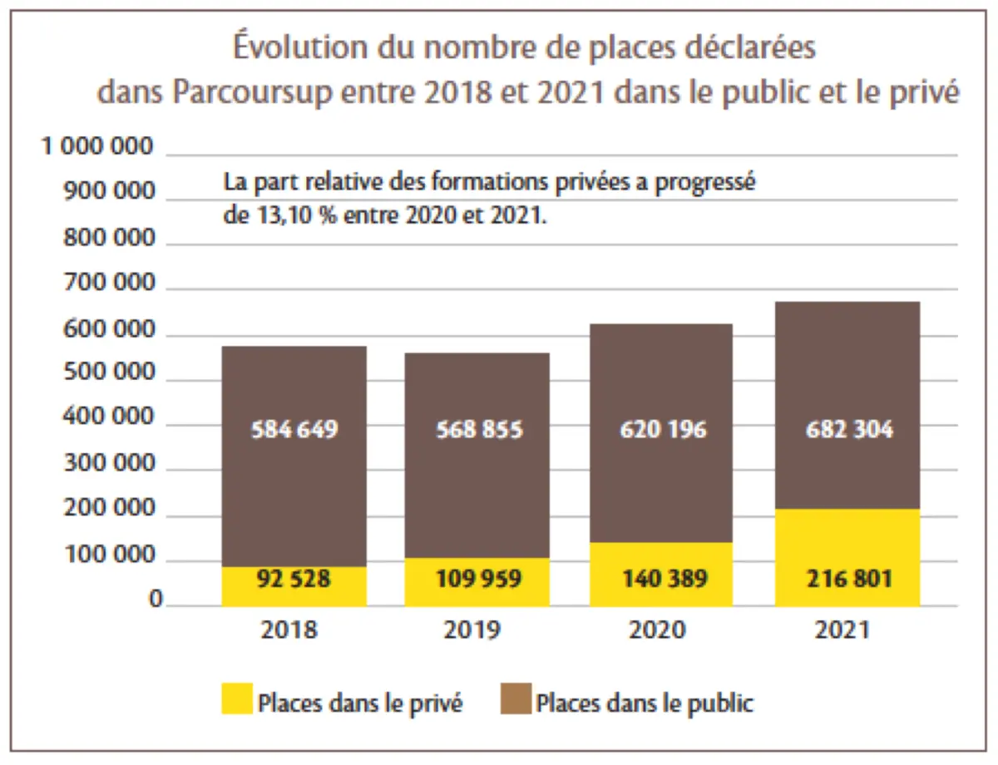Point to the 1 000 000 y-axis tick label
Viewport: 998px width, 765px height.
[98, 147]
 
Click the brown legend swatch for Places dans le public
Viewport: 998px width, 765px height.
[515, 702]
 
